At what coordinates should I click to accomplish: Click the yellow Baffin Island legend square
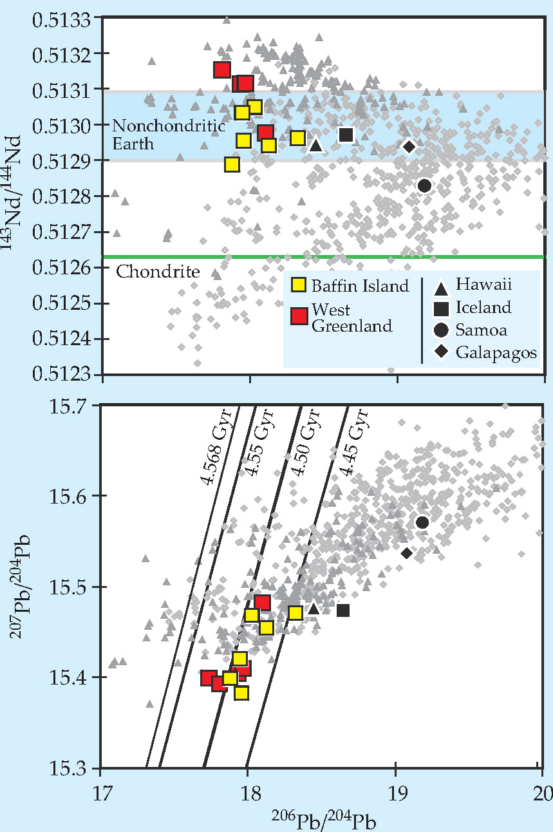point(298,285)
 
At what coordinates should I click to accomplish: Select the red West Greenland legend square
point(298,316)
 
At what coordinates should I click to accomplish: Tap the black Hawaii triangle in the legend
point(441,284)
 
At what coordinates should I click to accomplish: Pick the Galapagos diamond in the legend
point(441,352)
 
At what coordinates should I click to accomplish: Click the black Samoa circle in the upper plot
point(424,185)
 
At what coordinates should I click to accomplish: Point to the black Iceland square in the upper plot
point(346,135)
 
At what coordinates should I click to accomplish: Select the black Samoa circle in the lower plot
point(422,522)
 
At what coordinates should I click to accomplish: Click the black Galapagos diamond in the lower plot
point(407,553)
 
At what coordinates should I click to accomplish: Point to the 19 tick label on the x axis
point(395,787)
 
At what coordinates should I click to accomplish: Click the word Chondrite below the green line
point(158,272)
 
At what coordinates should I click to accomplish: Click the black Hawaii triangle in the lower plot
point(314,609)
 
